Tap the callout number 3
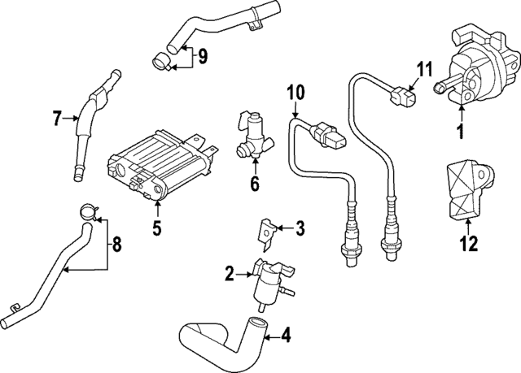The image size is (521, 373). tap(300, 228)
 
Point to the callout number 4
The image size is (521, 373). tap(286, 334)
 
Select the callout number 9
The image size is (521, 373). tap(203, 57)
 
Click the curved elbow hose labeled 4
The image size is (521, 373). tap(220, 337)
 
